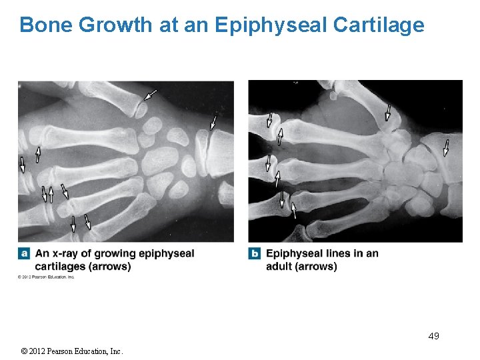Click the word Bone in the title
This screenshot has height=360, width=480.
click(46, 25)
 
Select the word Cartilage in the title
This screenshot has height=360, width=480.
click(378, 25)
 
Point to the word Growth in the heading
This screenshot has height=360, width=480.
click(117, 25)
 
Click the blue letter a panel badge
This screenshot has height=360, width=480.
click(25, 253)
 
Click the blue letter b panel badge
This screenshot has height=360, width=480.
click(255, 253)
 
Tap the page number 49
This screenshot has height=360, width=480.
click(433, 335)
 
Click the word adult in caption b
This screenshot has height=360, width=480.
click(280, 267)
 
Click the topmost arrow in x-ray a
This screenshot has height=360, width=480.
click(150, 94)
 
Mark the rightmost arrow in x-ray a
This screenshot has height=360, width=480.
click(213, 121)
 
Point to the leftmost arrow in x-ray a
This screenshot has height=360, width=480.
click(21, 164)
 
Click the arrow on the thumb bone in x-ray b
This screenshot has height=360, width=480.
click(388, 111)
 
